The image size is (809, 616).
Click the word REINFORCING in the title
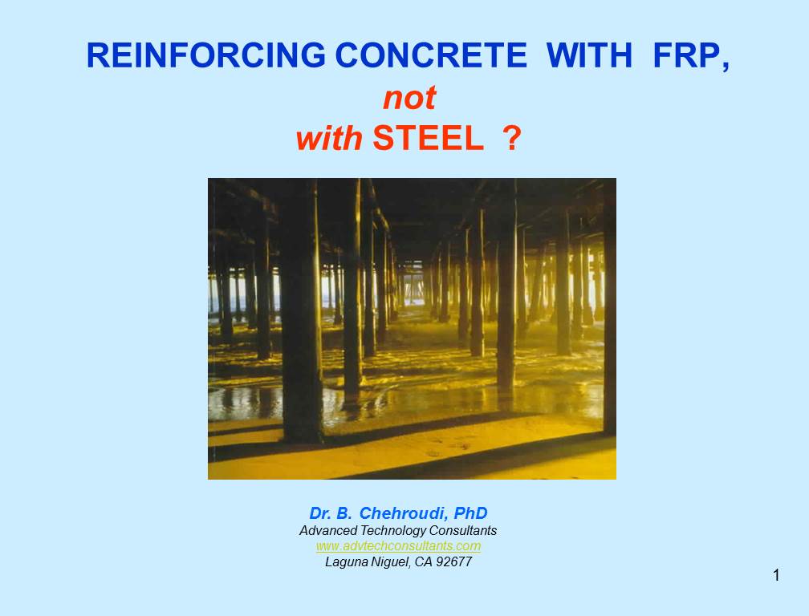tap(205, 55)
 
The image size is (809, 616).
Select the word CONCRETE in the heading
tap(431, 55)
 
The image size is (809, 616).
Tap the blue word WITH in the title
tap(589, 55)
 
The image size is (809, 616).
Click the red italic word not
tap(409, 98)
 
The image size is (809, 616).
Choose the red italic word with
tap(329, 139)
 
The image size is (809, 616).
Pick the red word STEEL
tap(428, 139)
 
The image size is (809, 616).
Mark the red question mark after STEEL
tap(512, 139)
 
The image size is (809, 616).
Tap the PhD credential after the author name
tap(470, 513)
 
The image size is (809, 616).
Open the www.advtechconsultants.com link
tap(398, 546)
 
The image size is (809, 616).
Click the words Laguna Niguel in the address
tap(367, 562)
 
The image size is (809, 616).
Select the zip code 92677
tap(454, 562)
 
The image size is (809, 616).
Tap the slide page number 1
tap(777, 575)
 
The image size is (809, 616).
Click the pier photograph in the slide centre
tap(412, 329)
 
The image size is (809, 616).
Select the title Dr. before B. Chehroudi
tap(321, 513)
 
